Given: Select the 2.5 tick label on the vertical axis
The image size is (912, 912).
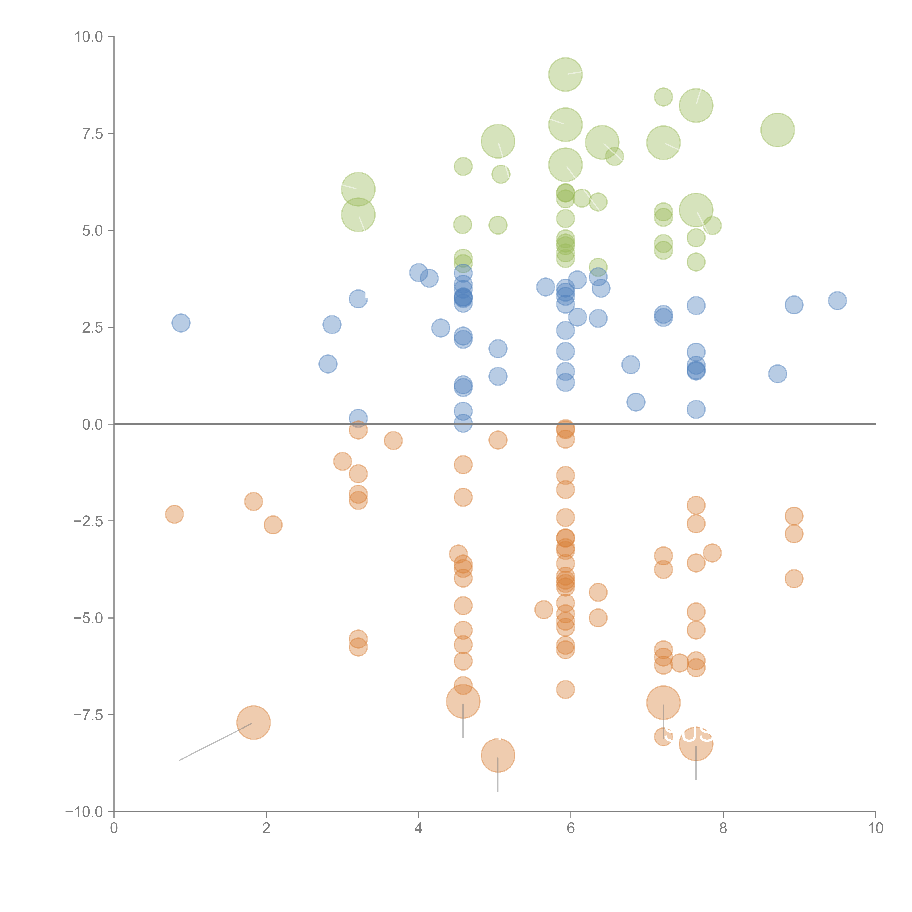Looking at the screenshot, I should pos(92,328).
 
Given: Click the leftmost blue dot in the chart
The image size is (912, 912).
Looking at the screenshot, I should pos(181,323).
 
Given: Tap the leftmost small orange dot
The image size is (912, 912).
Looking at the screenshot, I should pos(174,514).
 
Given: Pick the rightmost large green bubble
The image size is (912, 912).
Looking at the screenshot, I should pos(777,130).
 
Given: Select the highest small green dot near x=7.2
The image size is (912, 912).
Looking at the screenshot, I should pos(663,97).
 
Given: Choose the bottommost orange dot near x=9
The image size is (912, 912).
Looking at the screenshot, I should pos(794,578).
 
